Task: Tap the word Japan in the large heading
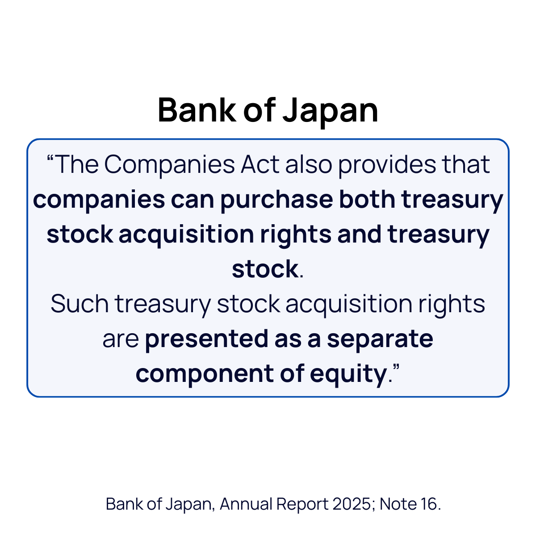point(331,110)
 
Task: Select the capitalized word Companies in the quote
point(169,164)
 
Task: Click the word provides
point(387,164)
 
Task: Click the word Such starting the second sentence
point(80,304)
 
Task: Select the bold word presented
point(206,339)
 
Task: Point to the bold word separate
point(380,339)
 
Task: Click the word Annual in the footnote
point(246,504)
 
